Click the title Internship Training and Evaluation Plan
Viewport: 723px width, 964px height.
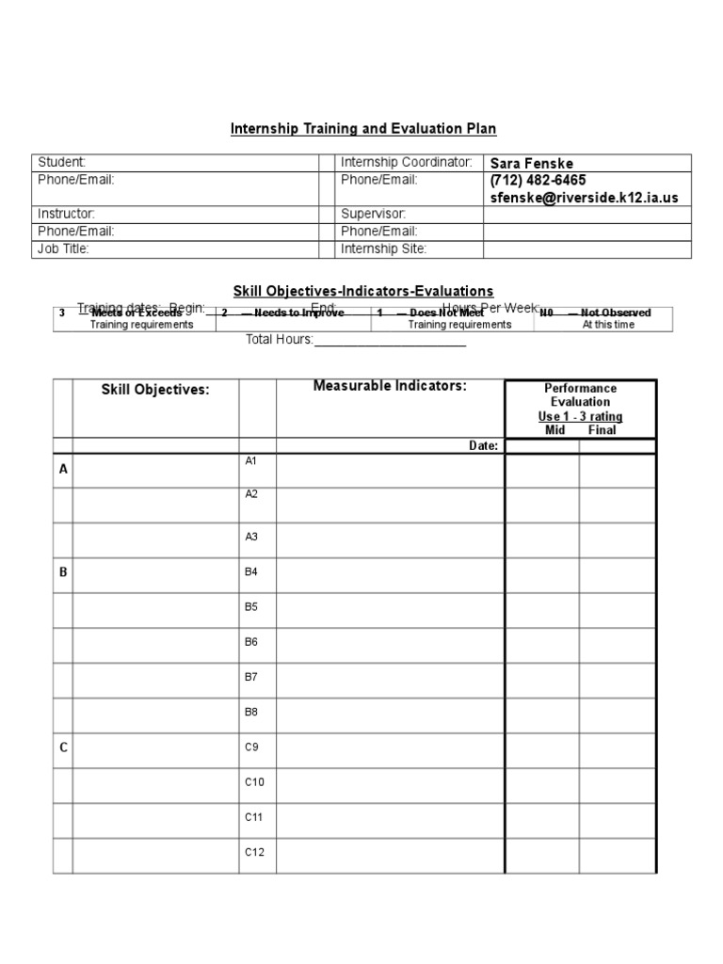click(363, 128)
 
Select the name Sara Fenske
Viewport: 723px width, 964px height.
click(529, 164)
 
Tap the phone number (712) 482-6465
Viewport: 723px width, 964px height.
click(538, 180)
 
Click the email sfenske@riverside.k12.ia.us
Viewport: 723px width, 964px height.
click(584, 198)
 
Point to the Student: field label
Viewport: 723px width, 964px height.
click(61, 163)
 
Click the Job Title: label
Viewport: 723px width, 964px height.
click(64, 249)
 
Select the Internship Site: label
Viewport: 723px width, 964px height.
click(383, 249)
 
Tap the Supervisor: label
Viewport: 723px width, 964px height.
click(373, 214)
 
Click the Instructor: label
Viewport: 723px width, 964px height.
click(66, 214)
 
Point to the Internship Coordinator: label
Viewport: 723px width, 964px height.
click(406, 163)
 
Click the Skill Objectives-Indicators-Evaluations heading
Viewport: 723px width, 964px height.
click(363, 292)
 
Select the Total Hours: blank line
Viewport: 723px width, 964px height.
click(390, 340)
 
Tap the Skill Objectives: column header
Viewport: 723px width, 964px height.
click(155, 390)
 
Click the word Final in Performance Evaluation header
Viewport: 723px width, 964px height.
click(602, 430)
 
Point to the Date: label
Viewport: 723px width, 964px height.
click(483, 446)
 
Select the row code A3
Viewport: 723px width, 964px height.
click(251, 537)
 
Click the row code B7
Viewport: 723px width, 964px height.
click(251, 676)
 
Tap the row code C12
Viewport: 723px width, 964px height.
click(255, 852)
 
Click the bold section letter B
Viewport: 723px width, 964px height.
click(64, 572)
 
